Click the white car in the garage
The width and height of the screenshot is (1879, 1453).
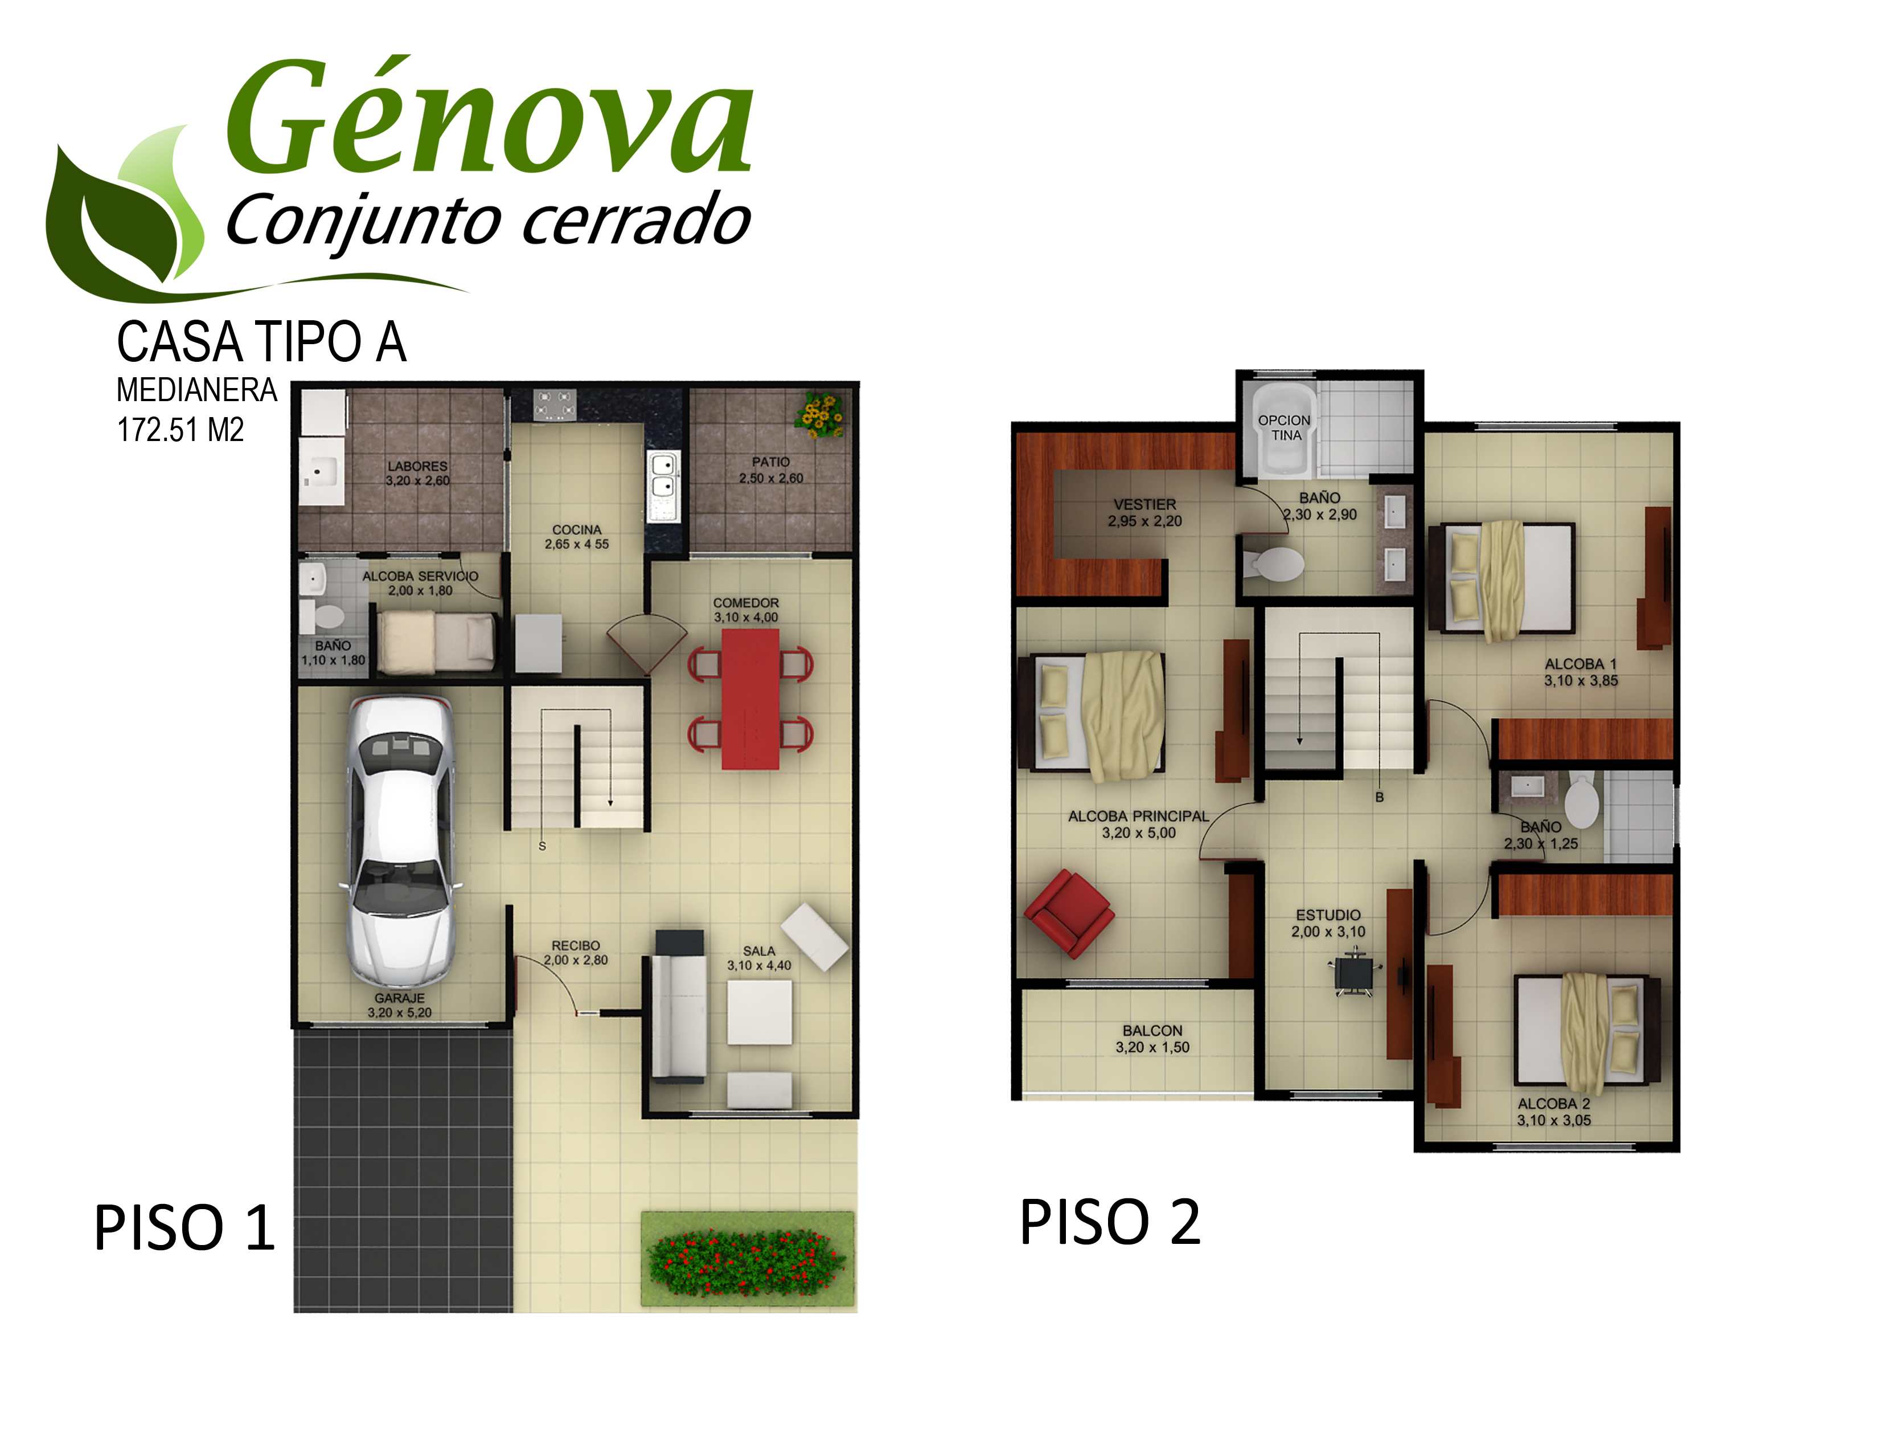pos(400,841)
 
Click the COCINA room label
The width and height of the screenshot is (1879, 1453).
pos(576,529)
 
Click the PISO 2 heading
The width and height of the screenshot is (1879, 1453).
pos(1110,1222)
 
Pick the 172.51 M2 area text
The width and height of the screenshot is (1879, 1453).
pos(180,430)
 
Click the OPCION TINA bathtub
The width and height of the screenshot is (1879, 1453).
pos(1283,428)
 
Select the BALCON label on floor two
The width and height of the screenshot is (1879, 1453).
pos(1152,1030)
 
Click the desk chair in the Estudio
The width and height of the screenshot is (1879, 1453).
pos(1354,972)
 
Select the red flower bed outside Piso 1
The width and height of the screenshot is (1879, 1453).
pos(746,1262)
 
